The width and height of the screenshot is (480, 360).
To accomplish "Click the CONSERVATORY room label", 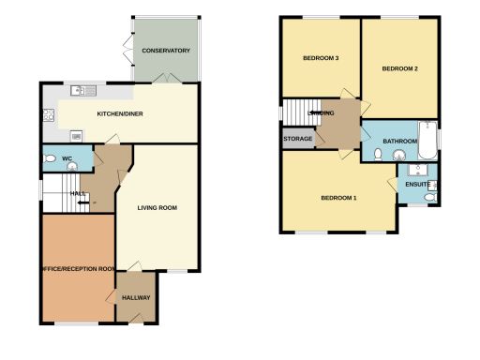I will pos(165,51).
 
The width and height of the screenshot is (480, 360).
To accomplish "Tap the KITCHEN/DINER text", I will pos(121,114).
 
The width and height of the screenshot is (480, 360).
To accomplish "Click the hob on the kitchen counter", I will pos(47,116).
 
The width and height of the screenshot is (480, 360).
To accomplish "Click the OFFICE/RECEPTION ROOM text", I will pos(78,268).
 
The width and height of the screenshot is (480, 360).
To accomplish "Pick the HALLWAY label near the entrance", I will pos(136,298).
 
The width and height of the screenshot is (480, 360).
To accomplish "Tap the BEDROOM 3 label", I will pos(321,58).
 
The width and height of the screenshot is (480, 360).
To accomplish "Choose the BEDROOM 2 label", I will pos(400,69).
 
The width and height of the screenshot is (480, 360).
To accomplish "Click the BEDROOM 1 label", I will pos(338,198).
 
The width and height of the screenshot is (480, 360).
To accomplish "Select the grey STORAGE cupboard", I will pos(297,138).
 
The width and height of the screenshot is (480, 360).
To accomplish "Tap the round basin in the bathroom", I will pos(397,157).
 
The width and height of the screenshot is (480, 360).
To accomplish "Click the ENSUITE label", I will pos(416,184).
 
